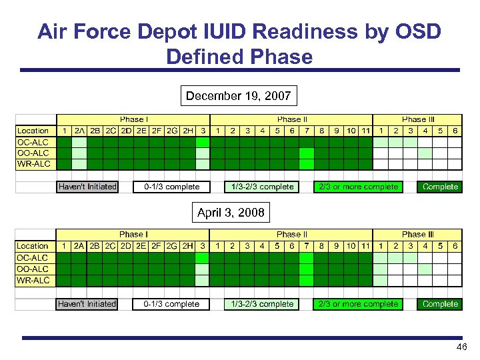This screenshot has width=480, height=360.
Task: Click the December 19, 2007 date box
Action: tap(238, 96)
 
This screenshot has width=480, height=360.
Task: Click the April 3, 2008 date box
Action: tap(231, 213)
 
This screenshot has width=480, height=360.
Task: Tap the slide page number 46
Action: tap(461, 348)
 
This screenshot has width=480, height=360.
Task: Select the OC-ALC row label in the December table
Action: tap(33, 142)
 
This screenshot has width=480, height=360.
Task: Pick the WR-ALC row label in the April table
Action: tap(33, 281)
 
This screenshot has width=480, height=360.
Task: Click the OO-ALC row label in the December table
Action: tap(33, 153)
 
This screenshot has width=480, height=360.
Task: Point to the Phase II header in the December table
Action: tap(291, 119)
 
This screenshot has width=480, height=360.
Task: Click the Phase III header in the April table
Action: tap(418, 235)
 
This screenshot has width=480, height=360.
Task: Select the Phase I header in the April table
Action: tap(133, 235)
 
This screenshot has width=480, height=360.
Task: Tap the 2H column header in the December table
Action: tap(188, 131)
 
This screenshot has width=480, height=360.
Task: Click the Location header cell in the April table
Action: tap(33, 246)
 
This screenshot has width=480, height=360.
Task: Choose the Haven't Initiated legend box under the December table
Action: tap(87, 187)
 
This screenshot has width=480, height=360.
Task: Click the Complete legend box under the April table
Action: tap(440, 304)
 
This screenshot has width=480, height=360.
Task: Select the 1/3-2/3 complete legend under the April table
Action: tap(261, 304)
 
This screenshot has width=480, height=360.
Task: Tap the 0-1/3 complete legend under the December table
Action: tap(171, 187)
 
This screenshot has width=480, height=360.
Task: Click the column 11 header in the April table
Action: tap(365, 246)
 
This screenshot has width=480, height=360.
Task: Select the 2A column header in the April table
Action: tap(79, 246)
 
